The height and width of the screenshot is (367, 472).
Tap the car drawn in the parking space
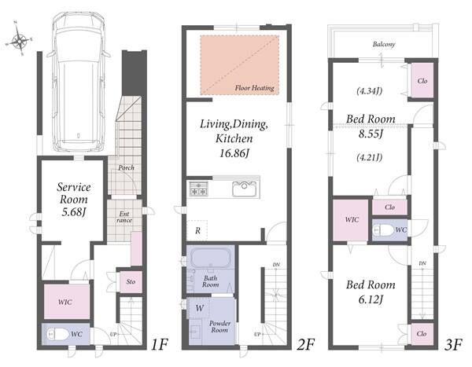pyautogui.click(x=78, y=81)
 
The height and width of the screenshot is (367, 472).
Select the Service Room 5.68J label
pyautogui.click(x=74, y=200)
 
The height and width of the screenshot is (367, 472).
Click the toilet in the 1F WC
pyautogui.click(x=57, y=334)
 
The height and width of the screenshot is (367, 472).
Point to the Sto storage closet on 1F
pyautogui.click(x=131, y=282)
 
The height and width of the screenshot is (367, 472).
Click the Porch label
pyautogui.click(x=126, y=167)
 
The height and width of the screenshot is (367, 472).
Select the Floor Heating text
pyautogui.click(x=255, y=88)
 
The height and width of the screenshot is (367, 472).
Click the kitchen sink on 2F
pyautogui.click(x=245, y=189)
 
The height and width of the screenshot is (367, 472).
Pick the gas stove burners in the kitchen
pyautogui.click(x=198, y=189)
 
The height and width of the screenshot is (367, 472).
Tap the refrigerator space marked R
pyautogui.click(x=197, y=231)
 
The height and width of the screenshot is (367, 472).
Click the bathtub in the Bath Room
pyautogui.click(x=211, y=258)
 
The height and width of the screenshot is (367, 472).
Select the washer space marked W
pyautogui.click(x=199, y=308)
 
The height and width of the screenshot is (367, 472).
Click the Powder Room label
pyautogui.click(x=219, y=327)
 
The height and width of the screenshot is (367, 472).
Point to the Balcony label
pyautogui.click(x=384, y=44)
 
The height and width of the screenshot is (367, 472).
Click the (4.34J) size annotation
pyautogui.click(x=370, y=91)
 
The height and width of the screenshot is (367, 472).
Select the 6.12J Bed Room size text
pyautogui.click(x=371, y=299)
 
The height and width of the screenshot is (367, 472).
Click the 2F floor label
pyautogui.click(x=305, y=344)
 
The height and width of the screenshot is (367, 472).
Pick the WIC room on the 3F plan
pyautogui.click(x=351, y=220)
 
